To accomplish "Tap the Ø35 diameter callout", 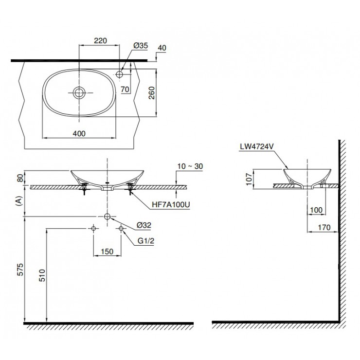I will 141,46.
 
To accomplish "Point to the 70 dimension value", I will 125,89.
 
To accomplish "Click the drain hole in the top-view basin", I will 79,92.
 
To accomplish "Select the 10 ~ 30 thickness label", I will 190,166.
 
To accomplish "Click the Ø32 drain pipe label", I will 144,225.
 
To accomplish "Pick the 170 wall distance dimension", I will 323,227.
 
